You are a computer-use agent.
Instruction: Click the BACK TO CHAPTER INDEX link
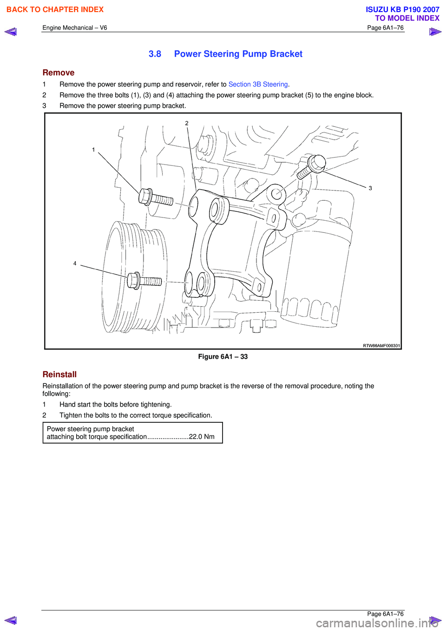click(x=55, y=9)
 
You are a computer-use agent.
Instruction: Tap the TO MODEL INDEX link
click(x=407, y=18)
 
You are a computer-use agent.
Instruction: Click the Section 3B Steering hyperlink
click(x=258, y=84)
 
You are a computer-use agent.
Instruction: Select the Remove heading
click(x=58, y=72)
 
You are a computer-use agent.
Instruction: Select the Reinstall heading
click(x=59, y=375)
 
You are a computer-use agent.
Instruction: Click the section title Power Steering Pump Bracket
click(x=238, y=54)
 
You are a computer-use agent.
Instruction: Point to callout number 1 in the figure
click(x=93, y=150)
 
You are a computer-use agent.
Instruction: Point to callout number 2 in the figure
click(x=187, y=123)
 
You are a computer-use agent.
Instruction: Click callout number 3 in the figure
click(x=370, y=188)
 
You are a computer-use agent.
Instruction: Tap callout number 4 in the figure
click(x=75, y=263)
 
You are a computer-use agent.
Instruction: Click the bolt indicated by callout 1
click(x=155, y=198)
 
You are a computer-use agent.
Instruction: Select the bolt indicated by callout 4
click(x=144, y=281)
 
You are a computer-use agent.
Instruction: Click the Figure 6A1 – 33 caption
click(x=223, y=357)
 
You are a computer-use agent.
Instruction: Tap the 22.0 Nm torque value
click(x=202, y=437)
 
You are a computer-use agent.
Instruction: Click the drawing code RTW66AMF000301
click(x=381, y=345)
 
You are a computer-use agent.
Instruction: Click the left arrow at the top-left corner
click(x=10, y=32)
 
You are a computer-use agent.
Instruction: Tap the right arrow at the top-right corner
click(x=435, y=32)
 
